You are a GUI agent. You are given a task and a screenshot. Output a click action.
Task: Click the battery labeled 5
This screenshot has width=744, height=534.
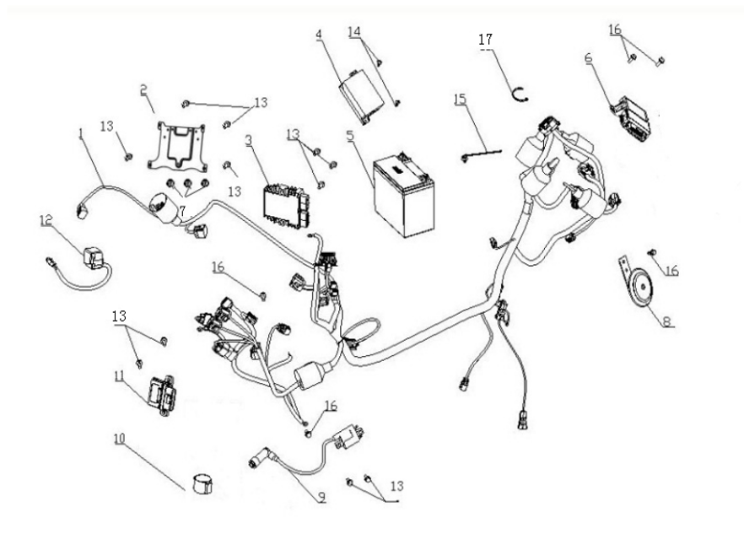tap(404, 193)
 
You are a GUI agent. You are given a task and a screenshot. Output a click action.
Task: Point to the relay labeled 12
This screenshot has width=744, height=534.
tap(93, 253)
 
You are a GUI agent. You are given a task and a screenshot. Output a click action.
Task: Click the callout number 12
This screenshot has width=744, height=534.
tap(46, 220)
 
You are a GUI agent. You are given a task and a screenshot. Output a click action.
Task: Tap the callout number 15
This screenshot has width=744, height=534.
tap(460, 99)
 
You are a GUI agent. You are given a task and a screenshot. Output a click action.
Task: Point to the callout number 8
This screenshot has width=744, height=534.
tap(667, 321)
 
